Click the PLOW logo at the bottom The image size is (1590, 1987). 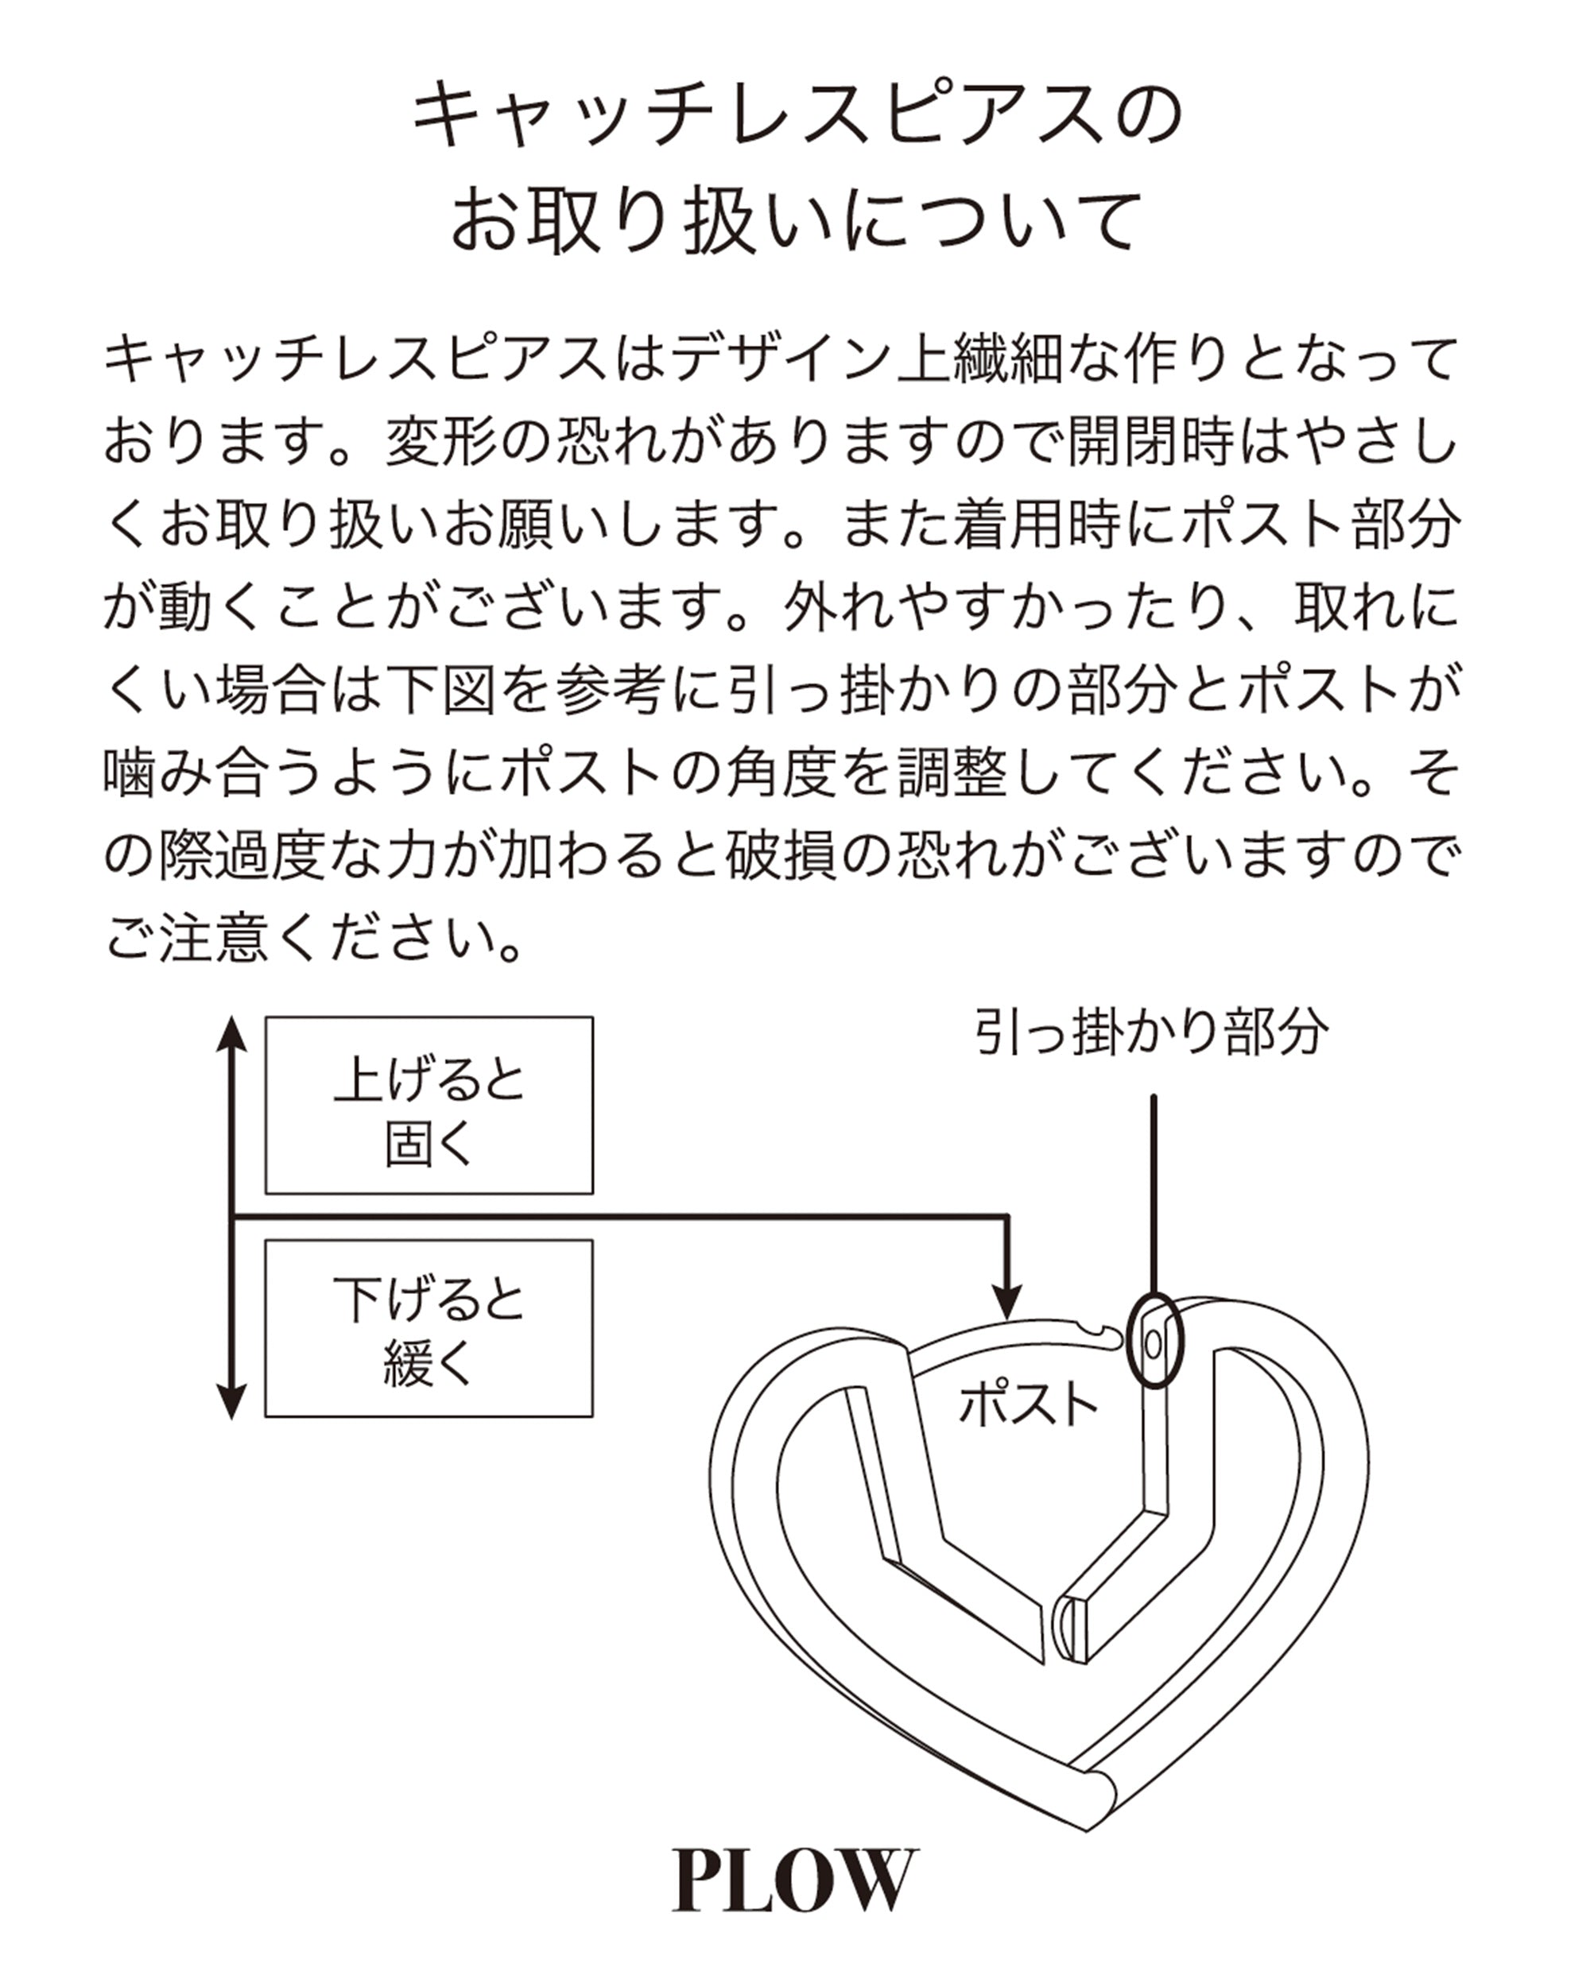tap(794, 1880)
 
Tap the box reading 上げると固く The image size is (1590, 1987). tap(429, 1105)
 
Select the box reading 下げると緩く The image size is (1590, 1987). tap(429, 1328)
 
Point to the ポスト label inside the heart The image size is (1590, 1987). tap(1028, 1404)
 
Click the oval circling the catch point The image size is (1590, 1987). tap(1154, 1339)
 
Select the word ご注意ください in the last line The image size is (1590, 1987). tap(313, 939)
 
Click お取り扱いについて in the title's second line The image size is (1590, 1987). tap(794, 221)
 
